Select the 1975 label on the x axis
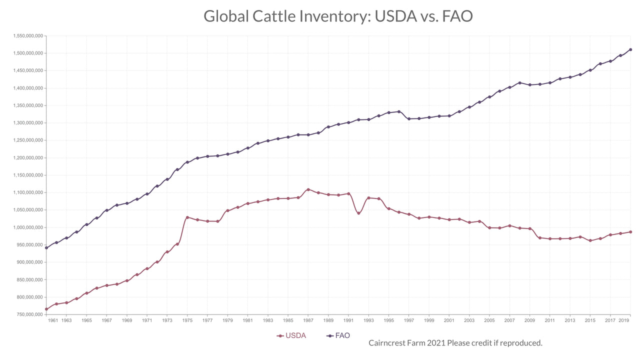[x=187, y=320]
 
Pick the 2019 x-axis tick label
[x=623, y=320]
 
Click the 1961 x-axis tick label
[x=53, y=320]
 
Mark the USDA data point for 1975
[x=187, y=217]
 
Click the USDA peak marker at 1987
[x=308, y=189]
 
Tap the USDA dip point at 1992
[x=358, y=213]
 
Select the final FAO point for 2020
[x=630, y=49]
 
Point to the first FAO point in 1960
[x=46, y=248]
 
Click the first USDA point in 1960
[x=46, y=309]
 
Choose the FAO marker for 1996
[x=399, y=111]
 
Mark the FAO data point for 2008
[x=519, y=83]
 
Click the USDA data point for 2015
[x=590, y=240]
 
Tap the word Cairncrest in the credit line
[x=388, y=343]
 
